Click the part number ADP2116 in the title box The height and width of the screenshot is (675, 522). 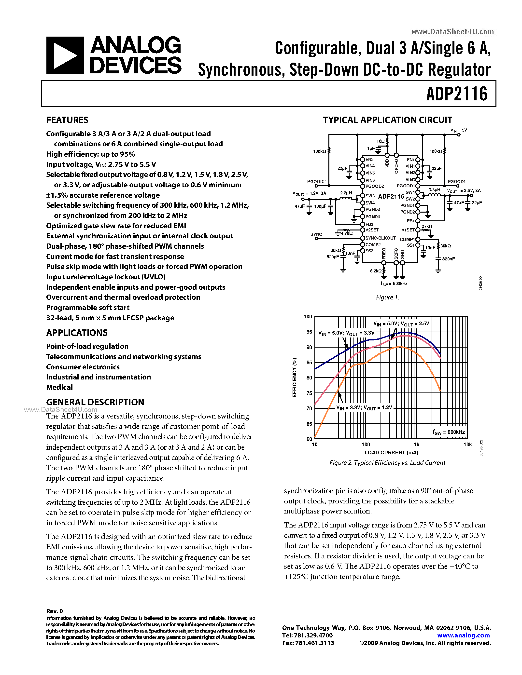tap(456, 94)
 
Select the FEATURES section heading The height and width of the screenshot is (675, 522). tap(67, 120)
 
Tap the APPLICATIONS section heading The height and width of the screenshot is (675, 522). tap(77, 333)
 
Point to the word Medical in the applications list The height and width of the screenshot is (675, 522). tap(59, 387)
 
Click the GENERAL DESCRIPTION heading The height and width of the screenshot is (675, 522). tap(95, 402)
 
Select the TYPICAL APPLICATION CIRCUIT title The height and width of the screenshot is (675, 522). tap(387, 120)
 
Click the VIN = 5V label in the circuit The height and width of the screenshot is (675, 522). tap(459, 130)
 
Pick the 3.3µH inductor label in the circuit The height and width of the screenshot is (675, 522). tap(434, 190)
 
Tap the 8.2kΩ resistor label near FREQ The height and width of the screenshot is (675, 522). tap(376, 271)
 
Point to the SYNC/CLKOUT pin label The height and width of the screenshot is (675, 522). tap(380, 238)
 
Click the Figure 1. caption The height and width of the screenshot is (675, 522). tap(387, 297)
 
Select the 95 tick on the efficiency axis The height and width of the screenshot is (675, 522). tap(309, 332)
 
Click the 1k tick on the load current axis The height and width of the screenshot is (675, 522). tap(417, 445)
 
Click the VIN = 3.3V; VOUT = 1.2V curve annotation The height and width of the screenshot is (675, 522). tap(364, 408)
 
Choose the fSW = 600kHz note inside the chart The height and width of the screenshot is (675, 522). tap(448, 432)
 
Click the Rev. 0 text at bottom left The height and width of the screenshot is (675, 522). tap(55, 611)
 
